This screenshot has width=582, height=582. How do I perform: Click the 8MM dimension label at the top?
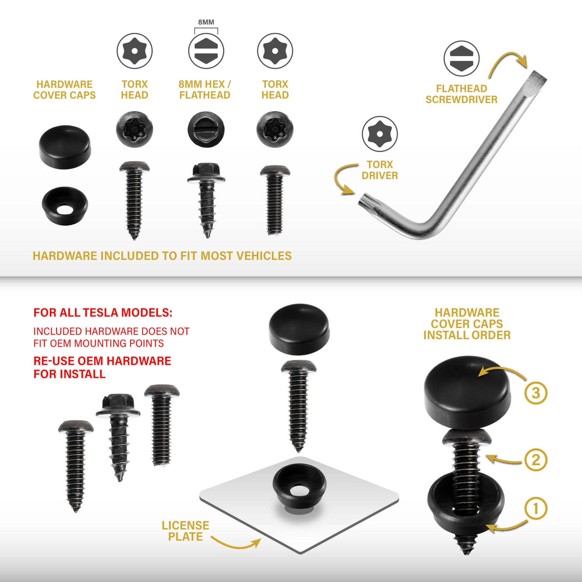(206, 22)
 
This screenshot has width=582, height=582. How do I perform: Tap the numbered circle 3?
(535, 393)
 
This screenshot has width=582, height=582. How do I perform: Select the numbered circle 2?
(535, 460)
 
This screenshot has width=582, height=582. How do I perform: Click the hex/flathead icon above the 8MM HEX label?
(206, 50)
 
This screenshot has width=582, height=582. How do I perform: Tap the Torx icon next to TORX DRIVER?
(380, 134)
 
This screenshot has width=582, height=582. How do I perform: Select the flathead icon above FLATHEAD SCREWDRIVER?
(461, 58)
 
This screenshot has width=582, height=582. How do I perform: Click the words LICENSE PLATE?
(185, 530)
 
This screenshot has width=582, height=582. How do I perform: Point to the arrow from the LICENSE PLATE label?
(236, 543)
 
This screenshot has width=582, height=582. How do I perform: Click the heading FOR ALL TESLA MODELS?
(103, 313)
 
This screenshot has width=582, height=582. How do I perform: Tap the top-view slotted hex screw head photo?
(206, 129)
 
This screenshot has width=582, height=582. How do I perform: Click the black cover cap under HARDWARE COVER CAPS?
(65, 147)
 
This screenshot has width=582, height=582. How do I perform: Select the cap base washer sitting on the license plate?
(299, 489)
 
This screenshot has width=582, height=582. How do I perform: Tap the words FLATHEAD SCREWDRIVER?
(461, 94)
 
